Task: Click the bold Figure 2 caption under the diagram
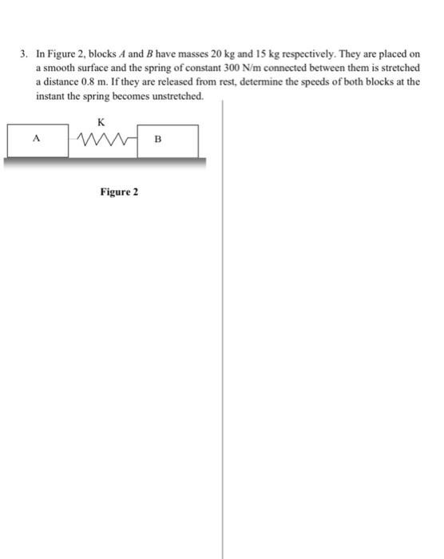[x=119, y=192]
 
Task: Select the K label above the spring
[x=100, y=122]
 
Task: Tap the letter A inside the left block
[x=35, y=138]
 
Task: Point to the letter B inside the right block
[x=157, y=140]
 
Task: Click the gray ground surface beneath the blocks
[x=104, y=161]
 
